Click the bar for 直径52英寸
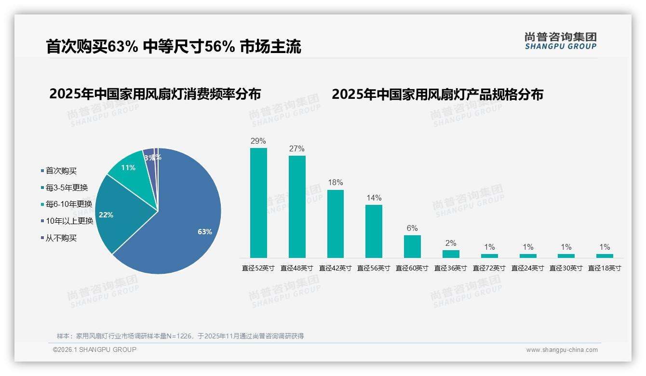click(258, 202)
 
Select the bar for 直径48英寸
click(297, 206)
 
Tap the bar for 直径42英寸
click(336, 224)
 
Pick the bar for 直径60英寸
click(412, 246)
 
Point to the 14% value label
click(374, 198)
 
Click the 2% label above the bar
click(451, 243)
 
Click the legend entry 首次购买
click(61, 171)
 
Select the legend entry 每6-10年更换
click(68, 204)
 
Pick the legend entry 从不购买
click(61, 238)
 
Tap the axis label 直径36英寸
click(451, 269)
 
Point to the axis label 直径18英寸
click(605, 269)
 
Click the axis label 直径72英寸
click(489, 269)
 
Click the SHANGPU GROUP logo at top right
click(560, 41)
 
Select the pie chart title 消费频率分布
click(155, 94)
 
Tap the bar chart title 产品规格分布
click(437, 94)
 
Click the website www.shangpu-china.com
click(562, 350)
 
